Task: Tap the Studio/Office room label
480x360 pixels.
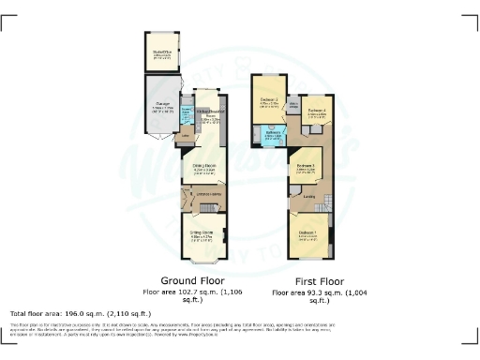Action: point(162,52)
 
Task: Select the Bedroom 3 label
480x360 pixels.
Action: point(306,165)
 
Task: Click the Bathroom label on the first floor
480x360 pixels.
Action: point(274,132)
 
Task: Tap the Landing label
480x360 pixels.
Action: point(308,197)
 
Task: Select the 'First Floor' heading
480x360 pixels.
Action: point(308,281)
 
